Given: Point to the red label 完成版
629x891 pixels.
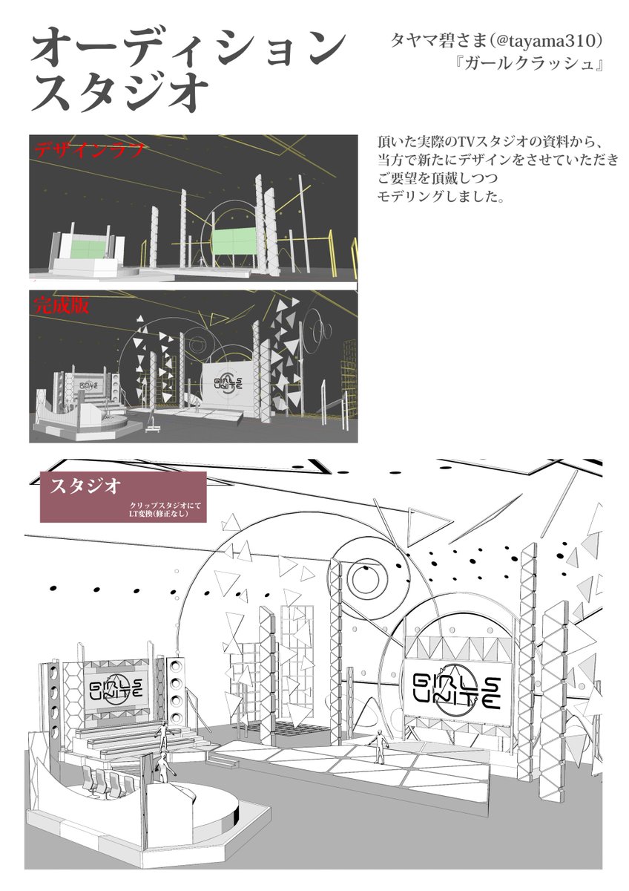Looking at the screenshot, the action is pos(62,304).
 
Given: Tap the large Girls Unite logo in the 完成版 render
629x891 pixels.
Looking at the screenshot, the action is pos(227,386).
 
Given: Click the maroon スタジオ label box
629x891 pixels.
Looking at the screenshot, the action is pos(122,496).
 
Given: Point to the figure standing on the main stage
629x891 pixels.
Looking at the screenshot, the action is pos(380,745).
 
